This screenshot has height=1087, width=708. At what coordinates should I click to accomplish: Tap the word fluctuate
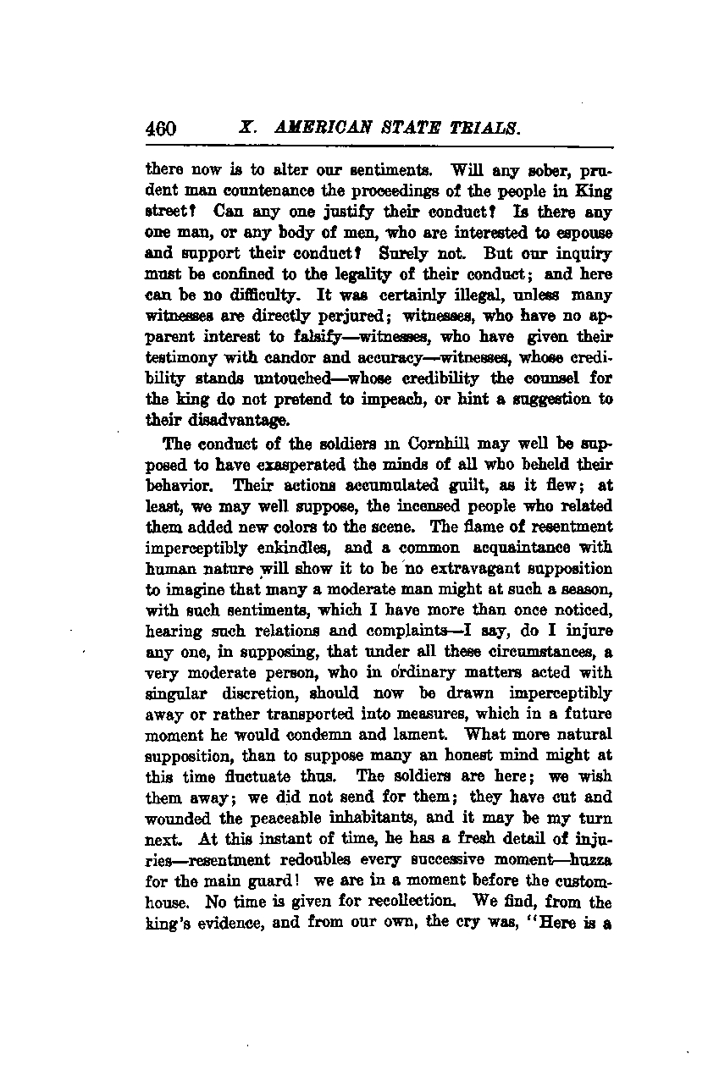[x=264, y=776]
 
